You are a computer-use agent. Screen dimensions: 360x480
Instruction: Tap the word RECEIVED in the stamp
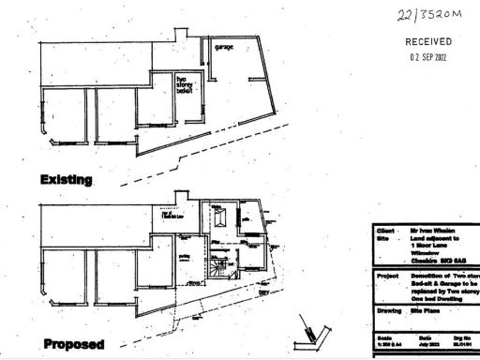(427, 42)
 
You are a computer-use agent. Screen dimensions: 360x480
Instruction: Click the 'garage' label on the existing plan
(223, 47)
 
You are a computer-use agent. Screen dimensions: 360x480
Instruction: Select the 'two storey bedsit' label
(184, 85)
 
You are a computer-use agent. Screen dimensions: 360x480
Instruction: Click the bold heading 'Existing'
(66, 178)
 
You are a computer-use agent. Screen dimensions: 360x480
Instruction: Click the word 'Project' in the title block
(386, 277)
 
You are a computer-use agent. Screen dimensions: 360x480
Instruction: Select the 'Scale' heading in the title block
(382, 337)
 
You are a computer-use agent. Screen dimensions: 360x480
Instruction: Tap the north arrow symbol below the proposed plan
(312, 330)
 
